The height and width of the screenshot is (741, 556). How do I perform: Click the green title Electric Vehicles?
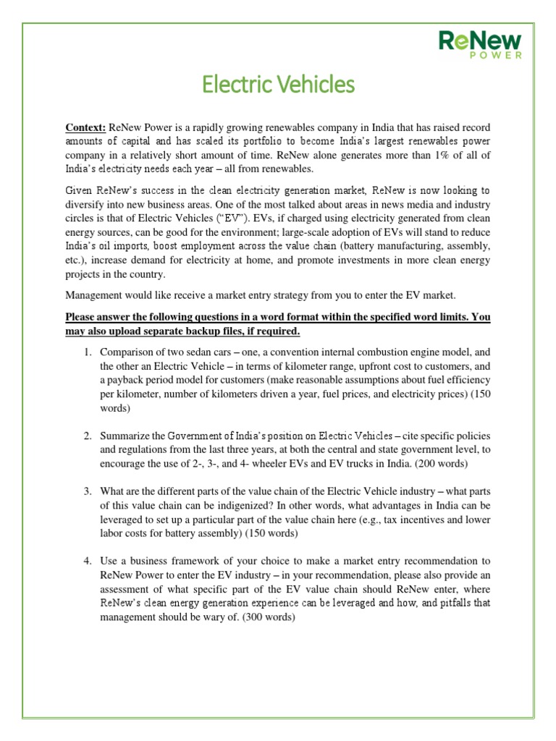point(278,85)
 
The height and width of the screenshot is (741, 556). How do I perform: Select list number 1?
point(86,352)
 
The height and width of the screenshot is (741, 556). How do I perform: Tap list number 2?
point(86,436)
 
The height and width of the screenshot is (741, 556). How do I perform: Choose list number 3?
point(86,492)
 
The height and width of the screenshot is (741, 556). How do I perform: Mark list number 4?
point(86,561)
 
